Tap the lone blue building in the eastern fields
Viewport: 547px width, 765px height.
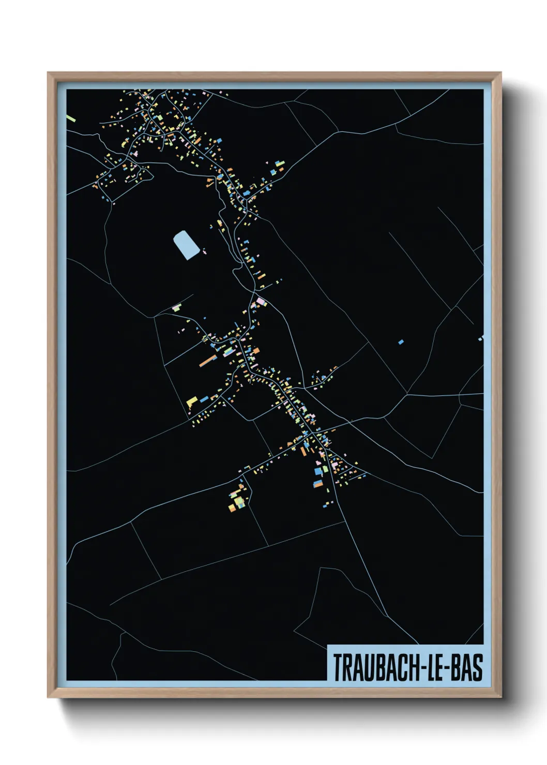tap(401, 342)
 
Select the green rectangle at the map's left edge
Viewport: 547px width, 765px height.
tap(71, 118)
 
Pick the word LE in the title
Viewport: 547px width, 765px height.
tap(436, 667)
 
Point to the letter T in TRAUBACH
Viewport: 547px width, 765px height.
tap(338, 667)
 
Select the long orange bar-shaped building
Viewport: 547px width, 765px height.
tap(207, 360)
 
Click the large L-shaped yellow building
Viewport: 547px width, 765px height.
tap(192, 401)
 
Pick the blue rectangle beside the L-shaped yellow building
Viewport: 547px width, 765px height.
tap(204, 399)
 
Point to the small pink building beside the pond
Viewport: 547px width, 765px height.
tap(204, 253)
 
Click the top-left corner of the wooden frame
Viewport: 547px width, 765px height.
tap(48, 73)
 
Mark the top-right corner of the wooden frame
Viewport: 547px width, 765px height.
tap(500, 73)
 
